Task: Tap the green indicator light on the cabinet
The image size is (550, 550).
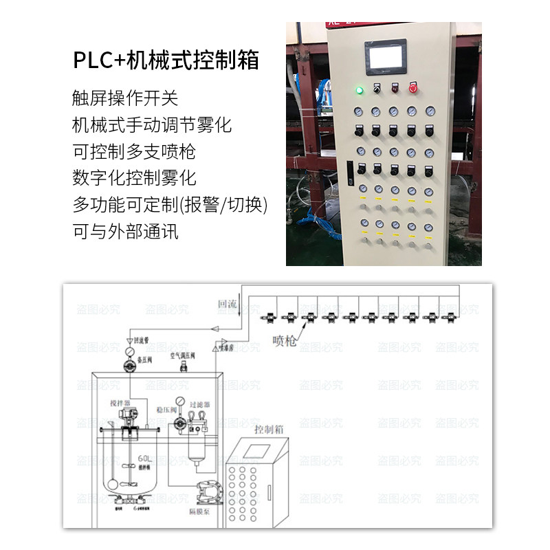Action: (359, 89)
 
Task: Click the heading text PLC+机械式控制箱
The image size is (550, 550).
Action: (166, 60)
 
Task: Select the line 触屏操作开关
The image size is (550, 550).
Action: (124, 98)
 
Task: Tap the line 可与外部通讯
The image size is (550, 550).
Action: (124, 231)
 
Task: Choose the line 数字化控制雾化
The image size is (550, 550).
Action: (133, 178)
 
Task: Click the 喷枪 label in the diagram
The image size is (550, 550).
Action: (284, 340)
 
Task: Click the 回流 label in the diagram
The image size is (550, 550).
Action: (227, 303)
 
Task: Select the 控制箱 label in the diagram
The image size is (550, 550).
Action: (269, 430)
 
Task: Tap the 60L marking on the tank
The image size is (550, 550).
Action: (144, 459)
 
